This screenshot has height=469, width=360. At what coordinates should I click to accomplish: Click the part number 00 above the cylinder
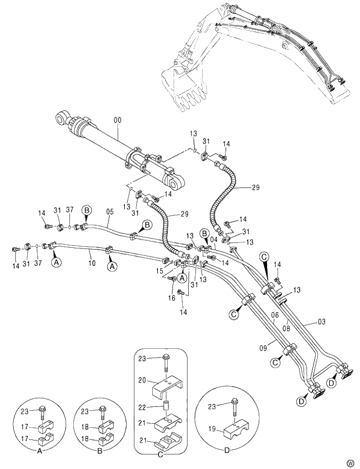118,120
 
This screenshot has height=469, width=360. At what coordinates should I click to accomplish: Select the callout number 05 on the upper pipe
109,212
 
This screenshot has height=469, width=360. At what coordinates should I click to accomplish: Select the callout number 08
286,329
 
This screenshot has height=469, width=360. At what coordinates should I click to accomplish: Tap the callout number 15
160,270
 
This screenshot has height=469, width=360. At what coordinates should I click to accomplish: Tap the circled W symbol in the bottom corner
350,463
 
